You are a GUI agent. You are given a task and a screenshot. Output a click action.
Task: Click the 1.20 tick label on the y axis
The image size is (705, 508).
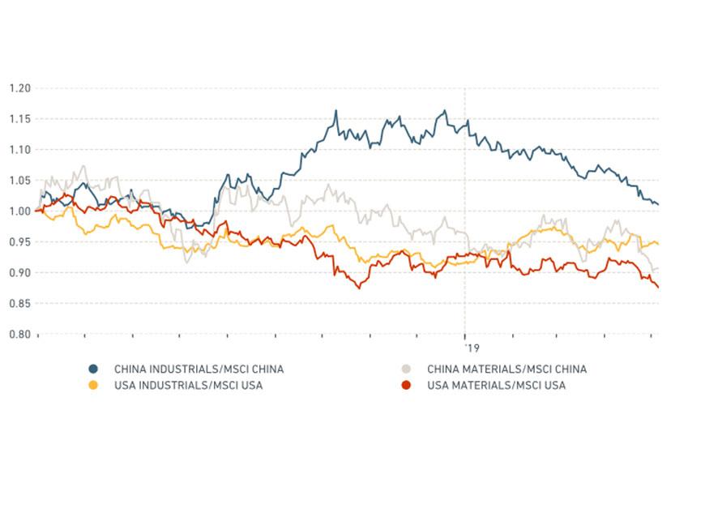pos(19,88)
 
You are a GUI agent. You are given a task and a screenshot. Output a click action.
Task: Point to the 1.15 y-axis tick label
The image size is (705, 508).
pos(19,118)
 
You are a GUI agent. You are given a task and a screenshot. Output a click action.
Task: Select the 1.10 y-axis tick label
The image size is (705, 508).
pos(19,149)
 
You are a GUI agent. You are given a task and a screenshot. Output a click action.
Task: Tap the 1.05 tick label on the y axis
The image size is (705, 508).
pos(19,180)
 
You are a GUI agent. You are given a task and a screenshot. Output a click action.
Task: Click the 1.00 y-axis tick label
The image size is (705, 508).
pos(19,211)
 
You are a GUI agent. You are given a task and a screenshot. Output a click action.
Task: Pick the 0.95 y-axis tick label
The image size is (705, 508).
pos(19,241)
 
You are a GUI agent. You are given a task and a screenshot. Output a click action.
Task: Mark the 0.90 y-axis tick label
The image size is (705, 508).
pos(19,272)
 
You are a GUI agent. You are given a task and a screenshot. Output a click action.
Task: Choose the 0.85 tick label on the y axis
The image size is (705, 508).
pos(19,303)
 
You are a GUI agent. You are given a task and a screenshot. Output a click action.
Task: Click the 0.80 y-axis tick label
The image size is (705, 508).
pos(19,334)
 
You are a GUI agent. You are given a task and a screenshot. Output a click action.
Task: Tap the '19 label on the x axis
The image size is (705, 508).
pos(472,348)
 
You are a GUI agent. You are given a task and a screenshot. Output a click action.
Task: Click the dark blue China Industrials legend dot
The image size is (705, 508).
pos(93,369)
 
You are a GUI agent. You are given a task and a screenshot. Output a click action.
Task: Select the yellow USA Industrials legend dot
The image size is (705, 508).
pos(93,386)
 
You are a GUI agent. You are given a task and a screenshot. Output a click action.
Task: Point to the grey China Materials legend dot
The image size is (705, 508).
pos(407,369)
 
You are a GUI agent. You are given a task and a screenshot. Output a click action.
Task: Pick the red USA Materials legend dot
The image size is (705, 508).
pos(407,386)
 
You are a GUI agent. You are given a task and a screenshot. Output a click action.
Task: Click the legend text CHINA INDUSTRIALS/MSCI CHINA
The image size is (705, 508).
pos(199,369)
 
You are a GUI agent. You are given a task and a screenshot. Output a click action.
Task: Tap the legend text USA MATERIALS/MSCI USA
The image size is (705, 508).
pos(496,386)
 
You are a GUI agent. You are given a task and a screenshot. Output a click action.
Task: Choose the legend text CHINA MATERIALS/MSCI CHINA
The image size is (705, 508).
pos(506,369)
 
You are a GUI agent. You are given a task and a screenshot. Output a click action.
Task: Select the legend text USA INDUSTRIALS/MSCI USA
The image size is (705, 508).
pos(188,386)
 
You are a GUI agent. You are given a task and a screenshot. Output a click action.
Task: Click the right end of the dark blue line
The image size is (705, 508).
pos(658,204)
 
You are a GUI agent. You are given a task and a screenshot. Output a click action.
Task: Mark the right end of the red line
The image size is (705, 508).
pos(658,287)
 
